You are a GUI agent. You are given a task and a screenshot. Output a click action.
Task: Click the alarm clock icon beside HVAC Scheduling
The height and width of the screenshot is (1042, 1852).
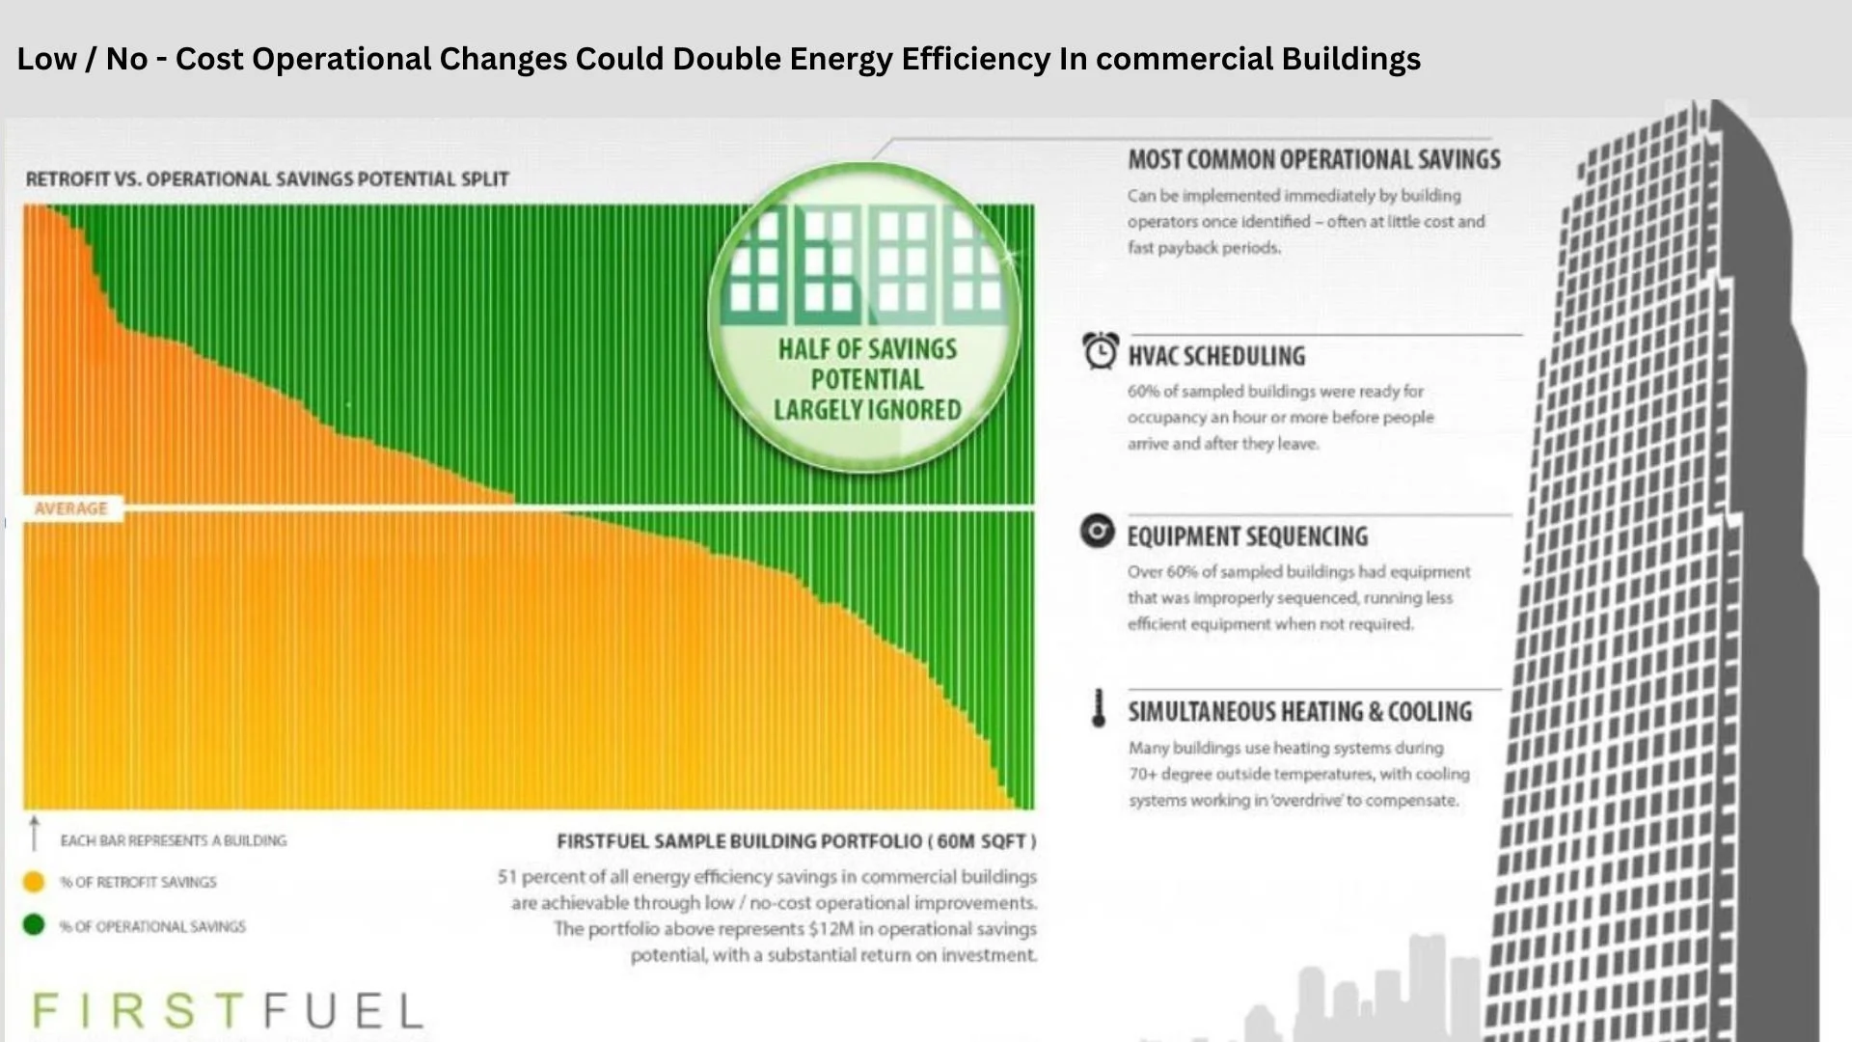point(1100,350)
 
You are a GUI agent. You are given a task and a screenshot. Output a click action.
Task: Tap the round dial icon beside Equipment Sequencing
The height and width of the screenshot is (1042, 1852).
point(1097,531)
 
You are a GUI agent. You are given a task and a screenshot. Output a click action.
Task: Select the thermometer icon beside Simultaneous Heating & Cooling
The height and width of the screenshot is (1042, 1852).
point(1098,708)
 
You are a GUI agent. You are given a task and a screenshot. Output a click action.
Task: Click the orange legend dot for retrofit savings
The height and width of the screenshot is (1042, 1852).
point(34,882)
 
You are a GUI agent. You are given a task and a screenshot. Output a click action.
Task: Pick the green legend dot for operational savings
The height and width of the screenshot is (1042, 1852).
point(34,925)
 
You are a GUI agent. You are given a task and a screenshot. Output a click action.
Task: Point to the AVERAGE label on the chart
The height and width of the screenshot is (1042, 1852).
point(70,508)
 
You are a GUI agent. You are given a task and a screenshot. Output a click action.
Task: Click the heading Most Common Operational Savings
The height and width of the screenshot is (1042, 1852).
point(1314,159)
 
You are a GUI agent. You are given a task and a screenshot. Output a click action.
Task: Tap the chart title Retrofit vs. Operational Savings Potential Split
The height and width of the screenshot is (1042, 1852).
point(267,179)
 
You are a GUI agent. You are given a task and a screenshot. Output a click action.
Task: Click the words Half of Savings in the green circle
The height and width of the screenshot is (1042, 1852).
point(867,349)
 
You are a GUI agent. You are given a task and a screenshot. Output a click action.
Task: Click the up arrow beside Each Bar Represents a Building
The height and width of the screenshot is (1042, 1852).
point(35,833)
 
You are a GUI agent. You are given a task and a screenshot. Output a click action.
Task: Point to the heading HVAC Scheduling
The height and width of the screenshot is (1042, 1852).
point(1216,356)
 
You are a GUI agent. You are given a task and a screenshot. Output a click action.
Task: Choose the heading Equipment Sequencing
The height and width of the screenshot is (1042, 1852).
point(1247,536)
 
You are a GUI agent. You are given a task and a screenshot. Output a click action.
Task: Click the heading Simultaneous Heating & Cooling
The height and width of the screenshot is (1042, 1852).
point(1299,712)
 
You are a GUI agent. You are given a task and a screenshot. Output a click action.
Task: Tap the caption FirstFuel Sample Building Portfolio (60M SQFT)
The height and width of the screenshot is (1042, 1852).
point(796,841)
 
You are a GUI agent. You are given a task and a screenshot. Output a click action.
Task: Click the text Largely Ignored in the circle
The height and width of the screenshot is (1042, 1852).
point(867,410)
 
